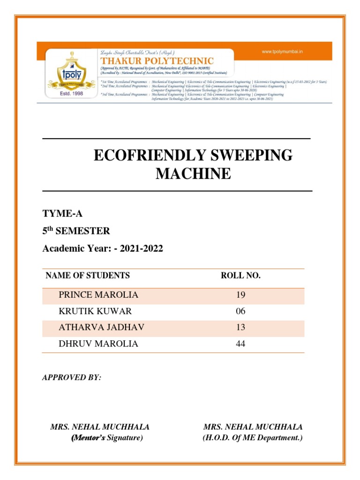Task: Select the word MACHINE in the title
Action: point(193,174)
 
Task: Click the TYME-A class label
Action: point(62,214)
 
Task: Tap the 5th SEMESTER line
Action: point(76,231)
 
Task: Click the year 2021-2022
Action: point(141,248)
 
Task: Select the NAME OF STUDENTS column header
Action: point(87,275)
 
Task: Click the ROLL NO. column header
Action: point(240,275)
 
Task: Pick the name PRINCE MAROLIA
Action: point(98,295)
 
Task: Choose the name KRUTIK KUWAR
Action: point(95,311)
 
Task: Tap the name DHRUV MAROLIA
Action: point(98,344)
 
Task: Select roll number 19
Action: point(240,295)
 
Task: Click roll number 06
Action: point(240,311)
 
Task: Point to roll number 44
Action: point(240,344)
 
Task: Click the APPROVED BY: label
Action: point(71,377)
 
